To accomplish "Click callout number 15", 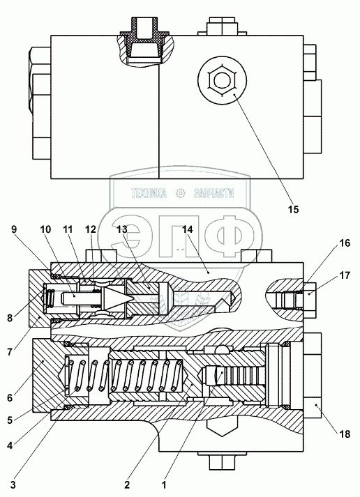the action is coord(294,209).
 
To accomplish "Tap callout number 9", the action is coord(14,229).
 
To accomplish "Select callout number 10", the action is coord(45,229).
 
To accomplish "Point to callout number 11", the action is coord(68,229).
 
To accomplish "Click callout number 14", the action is coord(188,229).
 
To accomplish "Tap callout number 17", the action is coord(345,275).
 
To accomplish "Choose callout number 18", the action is coord(345,434).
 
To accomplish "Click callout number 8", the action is coord(10,318).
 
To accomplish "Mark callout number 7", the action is coord(10,352).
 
